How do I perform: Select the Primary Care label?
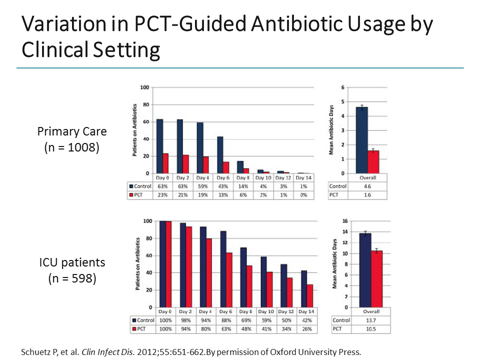pyautogui.click(x=72, y=131)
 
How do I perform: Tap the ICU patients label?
pyautogui.click(x=72, y=262)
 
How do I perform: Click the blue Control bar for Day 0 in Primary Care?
pyautogui.click(x=159, y=146)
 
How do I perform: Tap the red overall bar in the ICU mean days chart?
pyautogui.click(x=376, y=279)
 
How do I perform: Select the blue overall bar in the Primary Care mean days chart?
pyautogui.click(x=361, y=140)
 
